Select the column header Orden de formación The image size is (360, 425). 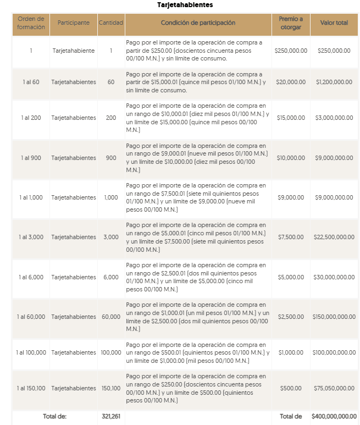coord(31,23)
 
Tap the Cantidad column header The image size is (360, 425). coord(111,23)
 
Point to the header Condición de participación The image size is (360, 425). coord(198,23)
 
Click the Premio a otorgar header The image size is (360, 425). coord(290,23)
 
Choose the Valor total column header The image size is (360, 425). coord(334,23)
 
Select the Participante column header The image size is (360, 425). coord(74,23)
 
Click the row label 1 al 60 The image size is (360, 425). coord(31,82)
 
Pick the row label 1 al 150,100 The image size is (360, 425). coord(31,388)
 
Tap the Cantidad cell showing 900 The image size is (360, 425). coord(111,158)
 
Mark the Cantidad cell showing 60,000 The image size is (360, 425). coord(111,317)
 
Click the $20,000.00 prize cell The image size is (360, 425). coord(290,82)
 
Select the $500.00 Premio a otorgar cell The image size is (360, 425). coord(290,388)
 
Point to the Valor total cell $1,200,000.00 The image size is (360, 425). coord(334,82)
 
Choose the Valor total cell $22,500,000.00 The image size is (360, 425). coord(334,237)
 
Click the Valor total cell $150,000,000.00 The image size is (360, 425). coord(334,317)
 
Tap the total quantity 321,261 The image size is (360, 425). coord(111,416)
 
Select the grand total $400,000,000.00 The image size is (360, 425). coord(334,416)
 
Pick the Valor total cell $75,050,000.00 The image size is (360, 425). coord(334,388)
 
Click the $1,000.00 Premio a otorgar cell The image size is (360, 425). coord(290,352)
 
